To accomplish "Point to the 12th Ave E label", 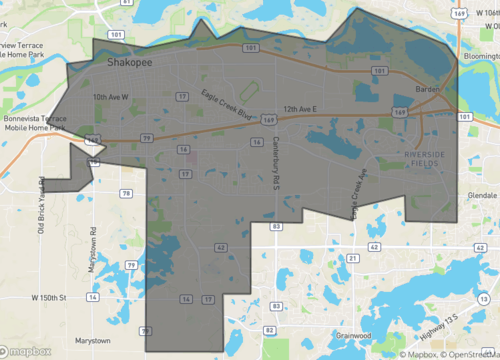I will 299,107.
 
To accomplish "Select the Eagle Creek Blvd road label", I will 225,102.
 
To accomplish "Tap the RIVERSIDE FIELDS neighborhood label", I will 429,159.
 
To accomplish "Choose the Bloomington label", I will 476,58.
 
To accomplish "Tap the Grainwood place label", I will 354,335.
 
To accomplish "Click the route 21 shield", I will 353,257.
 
